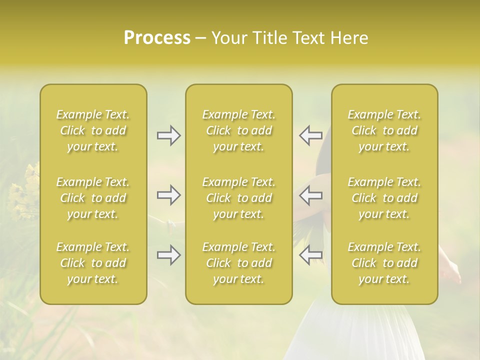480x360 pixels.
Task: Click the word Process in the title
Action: tap(157, 38)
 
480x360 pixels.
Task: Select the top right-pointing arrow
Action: tap(169, 135)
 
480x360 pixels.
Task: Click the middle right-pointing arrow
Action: tap(169, 195)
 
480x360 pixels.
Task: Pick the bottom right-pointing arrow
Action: tap(169, 255)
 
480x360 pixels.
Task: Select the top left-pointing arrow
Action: tap(310, 135)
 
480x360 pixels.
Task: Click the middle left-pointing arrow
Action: tap(310, 195)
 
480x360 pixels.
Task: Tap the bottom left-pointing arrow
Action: tap(310, 255)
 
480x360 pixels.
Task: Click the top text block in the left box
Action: tap(93, 130)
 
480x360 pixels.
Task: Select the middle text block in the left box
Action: tap(93, 198)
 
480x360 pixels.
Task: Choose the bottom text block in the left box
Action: tap(93, 263)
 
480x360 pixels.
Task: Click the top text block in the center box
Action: tap(239, 130)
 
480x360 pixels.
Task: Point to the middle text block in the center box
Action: tap(239, 198)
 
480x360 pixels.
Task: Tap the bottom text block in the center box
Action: tap(239, 263)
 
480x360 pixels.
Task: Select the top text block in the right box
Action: tap(384, 130)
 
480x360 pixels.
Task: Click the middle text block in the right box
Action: tap(384, 198)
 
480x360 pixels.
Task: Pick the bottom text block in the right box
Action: tap(384, 263)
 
